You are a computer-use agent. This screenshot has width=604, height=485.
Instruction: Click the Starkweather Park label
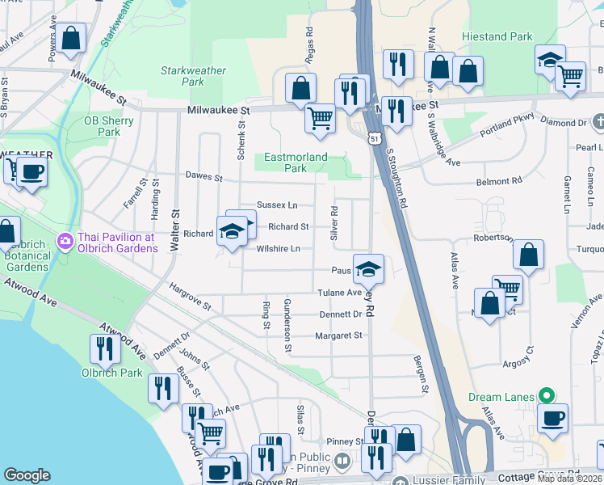pos(193,76)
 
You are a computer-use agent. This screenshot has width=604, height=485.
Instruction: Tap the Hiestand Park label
pos(497,37)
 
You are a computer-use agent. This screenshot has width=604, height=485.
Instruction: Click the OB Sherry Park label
pos(109,126)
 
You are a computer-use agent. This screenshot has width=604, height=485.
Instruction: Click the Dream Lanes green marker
pos(547,396)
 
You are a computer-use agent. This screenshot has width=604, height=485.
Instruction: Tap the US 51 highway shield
pos(375,138)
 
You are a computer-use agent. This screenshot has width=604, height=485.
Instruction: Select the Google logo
pos(27,475)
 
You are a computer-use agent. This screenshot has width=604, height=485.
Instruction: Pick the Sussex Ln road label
pos(277,205)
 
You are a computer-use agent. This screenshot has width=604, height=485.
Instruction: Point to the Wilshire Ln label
pos(279,248)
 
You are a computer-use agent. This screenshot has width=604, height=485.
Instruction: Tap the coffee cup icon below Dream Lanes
pos(552,418)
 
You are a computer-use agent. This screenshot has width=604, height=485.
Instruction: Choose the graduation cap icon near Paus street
pos(368,269)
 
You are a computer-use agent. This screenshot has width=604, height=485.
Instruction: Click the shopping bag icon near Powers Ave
pos(71,38)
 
